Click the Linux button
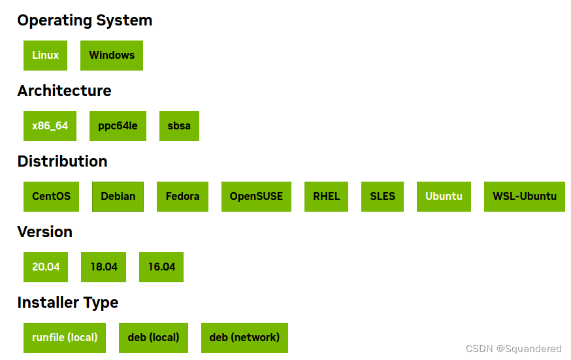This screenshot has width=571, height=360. (x=46, y=56)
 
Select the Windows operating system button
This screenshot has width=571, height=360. (x=112, y=56)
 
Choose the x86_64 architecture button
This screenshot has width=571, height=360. (x=50, y=126)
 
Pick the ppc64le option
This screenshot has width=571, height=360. (x=118, y=126)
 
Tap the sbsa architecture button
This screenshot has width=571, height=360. (x=179, y=126)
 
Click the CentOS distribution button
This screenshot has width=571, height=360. (x=51, y=197)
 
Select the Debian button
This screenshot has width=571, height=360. (x=118, y=197)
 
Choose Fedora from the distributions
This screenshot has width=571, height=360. (x=182, y=197)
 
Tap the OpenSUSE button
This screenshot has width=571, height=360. (x=256, y=197)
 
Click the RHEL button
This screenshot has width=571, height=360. (x=326, y=197)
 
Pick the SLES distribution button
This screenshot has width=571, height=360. (x=382, y=197)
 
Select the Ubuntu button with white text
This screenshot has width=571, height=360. (x=444, y=197)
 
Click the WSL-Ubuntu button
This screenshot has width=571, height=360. (x=525, y=197)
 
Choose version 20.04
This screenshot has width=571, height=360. (x=46, y=267)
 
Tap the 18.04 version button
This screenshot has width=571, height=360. (x=104, y=267)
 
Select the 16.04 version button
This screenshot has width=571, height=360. (x=161, y=267)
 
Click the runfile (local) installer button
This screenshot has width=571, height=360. (x=65, y=338)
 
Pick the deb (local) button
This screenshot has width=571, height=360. (x=154, y=338)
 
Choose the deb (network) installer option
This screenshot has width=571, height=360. (x=244, y=338)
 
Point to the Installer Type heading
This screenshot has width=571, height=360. (x=68, y=303)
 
